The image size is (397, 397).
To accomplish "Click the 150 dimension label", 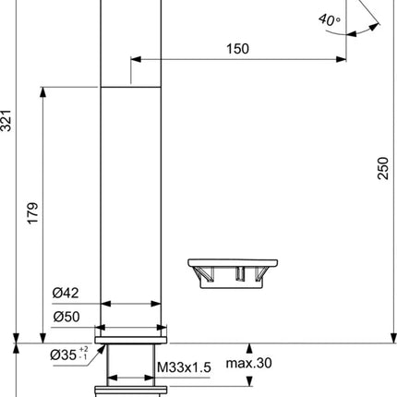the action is pos(237,49).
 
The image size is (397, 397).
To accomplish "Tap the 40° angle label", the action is pos(330,20).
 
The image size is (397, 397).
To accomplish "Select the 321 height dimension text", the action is pos(6,120).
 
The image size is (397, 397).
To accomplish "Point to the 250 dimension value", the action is pos(383,168).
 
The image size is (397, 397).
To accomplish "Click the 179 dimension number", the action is pos(33,213).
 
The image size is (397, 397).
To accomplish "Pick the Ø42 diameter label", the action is pos(66,293).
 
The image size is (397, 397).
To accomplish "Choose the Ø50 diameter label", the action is pos(66,317).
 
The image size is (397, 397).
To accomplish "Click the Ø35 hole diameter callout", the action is pos(64,355).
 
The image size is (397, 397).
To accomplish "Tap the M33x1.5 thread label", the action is pos(184,367).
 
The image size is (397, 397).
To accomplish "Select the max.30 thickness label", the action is pos(249,363).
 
